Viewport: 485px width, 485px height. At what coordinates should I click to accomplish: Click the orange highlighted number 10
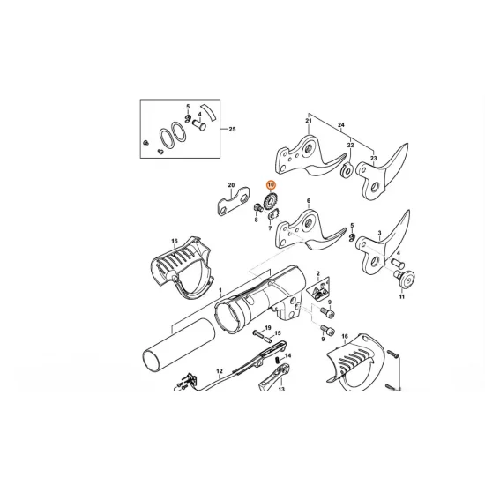coord(272,185)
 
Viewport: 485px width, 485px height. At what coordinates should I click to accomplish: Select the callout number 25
coord(233,130)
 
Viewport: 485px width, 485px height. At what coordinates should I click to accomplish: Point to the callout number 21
coord(310,121)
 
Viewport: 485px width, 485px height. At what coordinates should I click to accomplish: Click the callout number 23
coord(374,158)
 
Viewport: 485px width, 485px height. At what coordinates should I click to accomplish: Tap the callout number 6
coord(309,202)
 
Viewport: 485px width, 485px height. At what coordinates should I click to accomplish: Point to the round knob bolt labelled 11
coord(407,280)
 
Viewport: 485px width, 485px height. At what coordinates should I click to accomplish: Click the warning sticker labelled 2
coord(321,287)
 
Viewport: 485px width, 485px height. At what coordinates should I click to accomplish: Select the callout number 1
coord(220,290)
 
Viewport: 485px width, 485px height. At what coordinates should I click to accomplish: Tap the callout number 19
coord(266,327)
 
